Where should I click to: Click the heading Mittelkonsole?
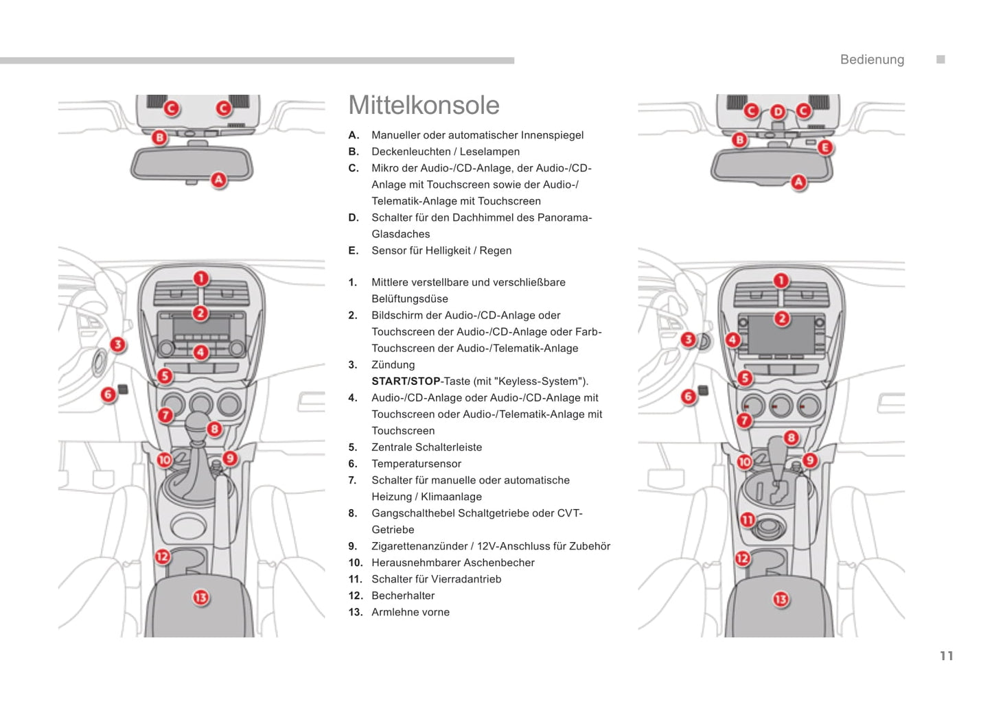tap(424, 106)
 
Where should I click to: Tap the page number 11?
tap(946, 656)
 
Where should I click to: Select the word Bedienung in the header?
tap(872, 60)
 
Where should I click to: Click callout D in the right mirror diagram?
tap(778, 111)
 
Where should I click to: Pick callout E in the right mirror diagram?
tap(824, 148)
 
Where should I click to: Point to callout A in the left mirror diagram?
tap(218, 180)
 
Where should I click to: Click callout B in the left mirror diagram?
tap(159, 137)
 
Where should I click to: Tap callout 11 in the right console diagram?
tap(747, 520)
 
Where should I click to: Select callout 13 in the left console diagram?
tap(200, 598)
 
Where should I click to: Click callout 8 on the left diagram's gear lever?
tap(214, 429)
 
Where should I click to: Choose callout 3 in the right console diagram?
tap(688, 339)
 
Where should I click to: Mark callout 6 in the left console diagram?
tap(108, 395)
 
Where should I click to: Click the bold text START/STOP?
tap(406, 382)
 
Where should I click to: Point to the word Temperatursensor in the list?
tap(416, 464)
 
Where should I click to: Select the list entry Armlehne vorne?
tap(410, 612)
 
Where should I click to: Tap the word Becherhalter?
tap(403, 596)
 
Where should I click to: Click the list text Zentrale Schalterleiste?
tap(426, 447)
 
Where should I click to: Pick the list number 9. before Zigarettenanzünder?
tap(352, 546)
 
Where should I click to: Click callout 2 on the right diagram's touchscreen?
tap(781, 318)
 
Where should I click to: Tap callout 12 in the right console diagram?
tap(742, 559)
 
